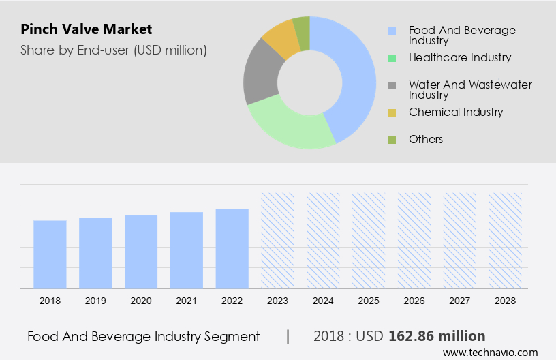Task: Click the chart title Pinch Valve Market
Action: pyautogui.click(x=86, y=29)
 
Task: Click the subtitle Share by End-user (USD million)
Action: pyautogui.click(x=113, y=50)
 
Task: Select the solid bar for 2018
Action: pyautogui.click(x=50, y=254)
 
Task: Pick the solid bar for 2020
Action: pyautogui.click(x=141, y=252)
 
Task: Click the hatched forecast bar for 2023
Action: pyautogui.click(x=278, y=240)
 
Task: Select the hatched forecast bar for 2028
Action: pyautogui.click(x=506, y=240)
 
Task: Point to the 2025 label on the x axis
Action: pyautogui.click(x=369, y=300)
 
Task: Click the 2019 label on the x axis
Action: pyautogui.click(x=95, y=300)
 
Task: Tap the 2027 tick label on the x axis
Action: pyautogui.click(x=460, y=300)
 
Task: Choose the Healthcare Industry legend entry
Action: pyautogui.click(x=460, y=58)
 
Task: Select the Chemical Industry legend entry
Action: pyautogui.click(x=456, y=112)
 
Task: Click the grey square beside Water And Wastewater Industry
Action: pyautogui.click(x=392, y=85)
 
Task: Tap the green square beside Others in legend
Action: pyautogui.click(x=392, y=140)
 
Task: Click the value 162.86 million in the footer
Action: pyautogui.click(x=437, y=336)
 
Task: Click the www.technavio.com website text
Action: pyautogui.click(x=490, y=352)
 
